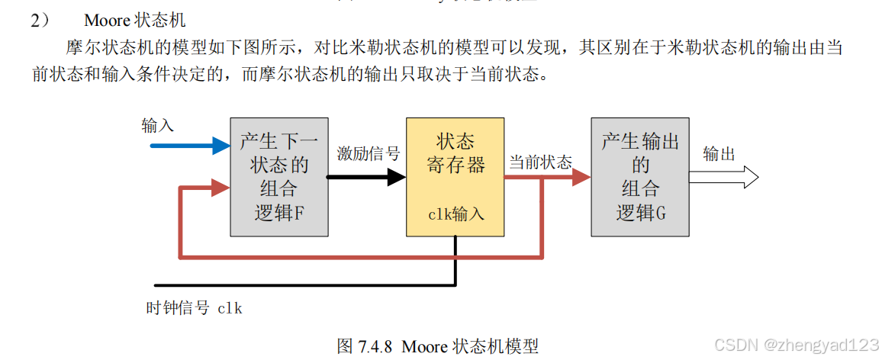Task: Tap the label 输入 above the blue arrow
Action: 158,126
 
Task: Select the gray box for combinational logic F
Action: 279,177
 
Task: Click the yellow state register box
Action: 455,176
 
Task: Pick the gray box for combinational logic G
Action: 640,177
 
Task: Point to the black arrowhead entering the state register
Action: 396,177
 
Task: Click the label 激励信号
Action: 368,153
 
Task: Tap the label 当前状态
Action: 540,162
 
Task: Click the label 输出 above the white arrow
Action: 719,153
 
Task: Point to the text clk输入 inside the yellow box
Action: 455,214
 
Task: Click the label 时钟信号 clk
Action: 194,308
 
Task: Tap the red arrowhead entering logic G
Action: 581,177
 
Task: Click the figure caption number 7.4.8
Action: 375,346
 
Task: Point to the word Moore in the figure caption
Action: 423,346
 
